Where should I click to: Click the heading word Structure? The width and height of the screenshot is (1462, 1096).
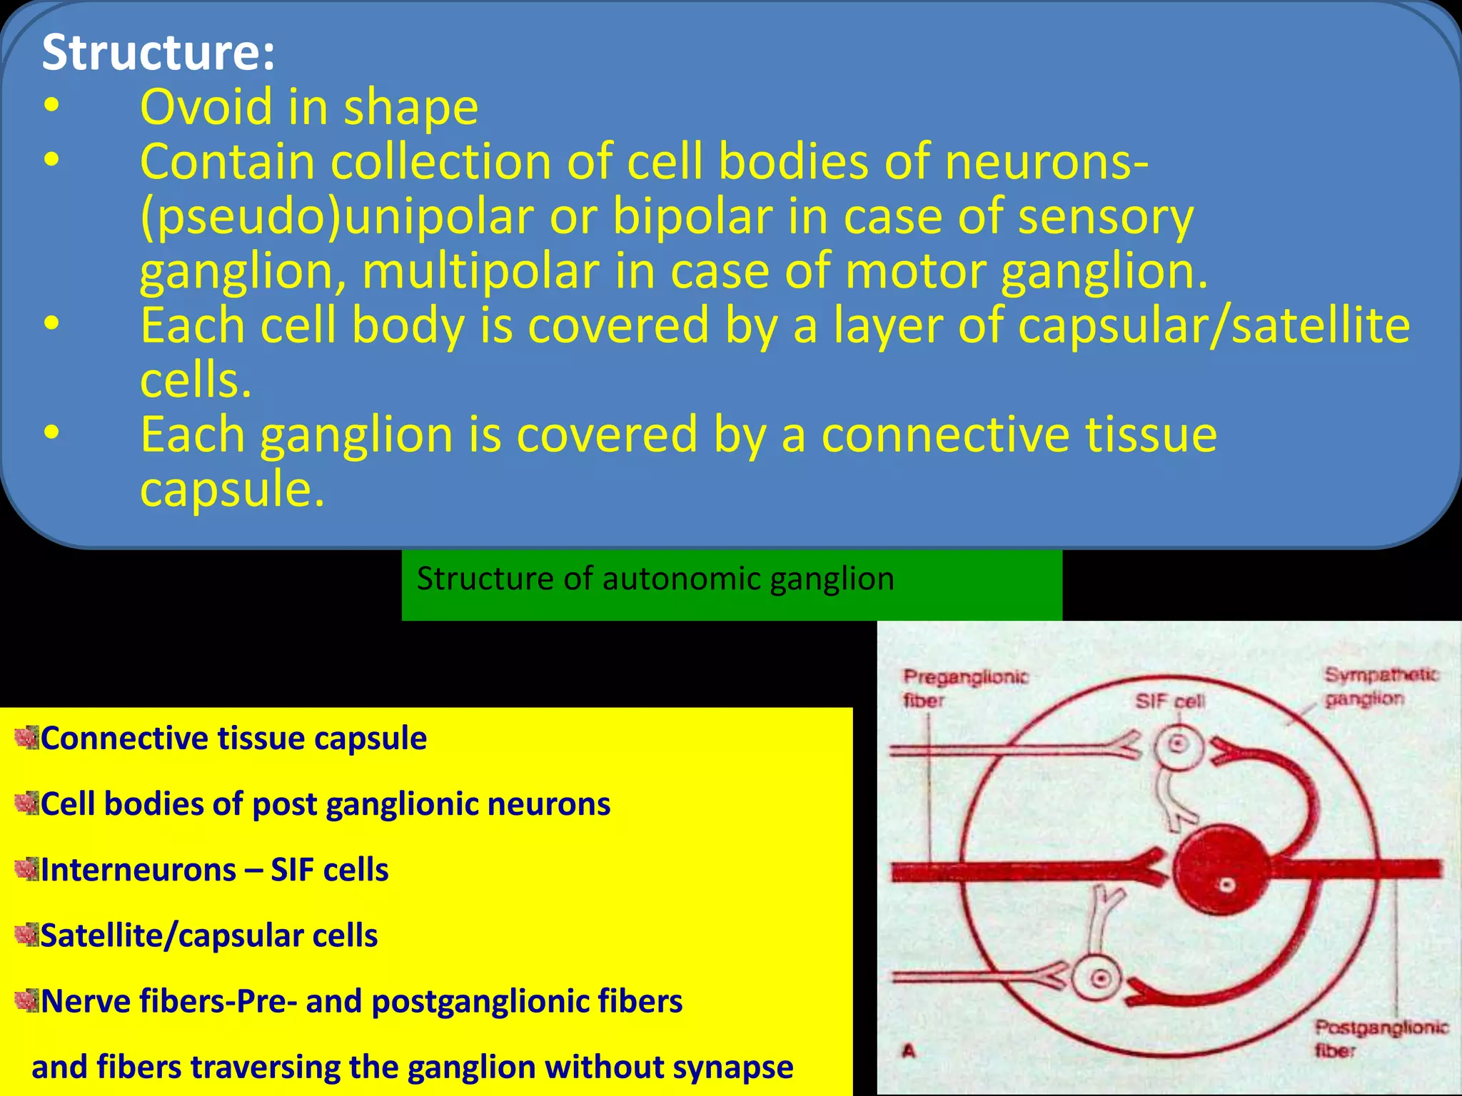pos(158,52)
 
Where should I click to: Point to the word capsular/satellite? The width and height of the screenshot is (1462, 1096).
pos(1214,325)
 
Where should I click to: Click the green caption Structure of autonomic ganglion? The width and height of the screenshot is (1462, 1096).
pos(655,579)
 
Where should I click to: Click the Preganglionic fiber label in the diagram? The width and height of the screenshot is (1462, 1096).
pos(964,686)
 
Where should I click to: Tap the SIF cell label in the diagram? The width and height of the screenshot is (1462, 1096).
pos(1170,701)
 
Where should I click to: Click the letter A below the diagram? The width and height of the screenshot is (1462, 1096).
pos(909,1050)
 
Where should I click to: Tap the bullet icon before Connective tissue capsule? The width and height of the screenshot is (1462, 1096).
pos(26,738)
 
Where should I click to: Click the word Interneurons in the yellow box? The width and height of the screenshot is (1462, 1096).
pos(138,870)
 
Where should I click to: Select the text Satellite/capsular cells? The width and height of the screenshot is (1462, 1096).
pos(208,935)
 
